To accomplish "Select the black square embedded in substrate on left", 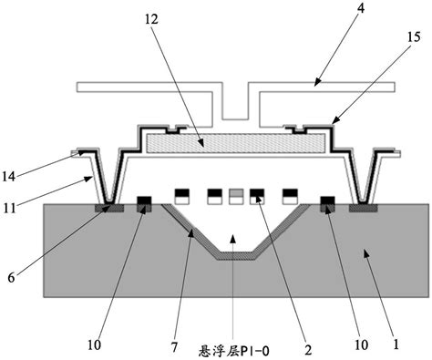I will [x=144, y=202].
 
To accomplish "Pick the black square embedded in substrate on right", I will [x=327, y=202].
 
